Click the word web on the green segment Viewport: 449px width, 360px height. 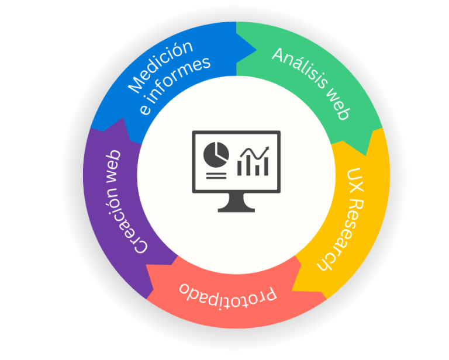[x=338, y=106]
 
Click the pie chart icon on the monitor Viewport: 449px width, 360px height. [x=215, y=154]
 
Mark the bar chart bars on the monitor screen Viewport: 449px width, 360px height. [x=253, y=167]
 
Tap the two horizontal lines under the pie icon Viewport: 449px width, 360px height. [x=216, y=175]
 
